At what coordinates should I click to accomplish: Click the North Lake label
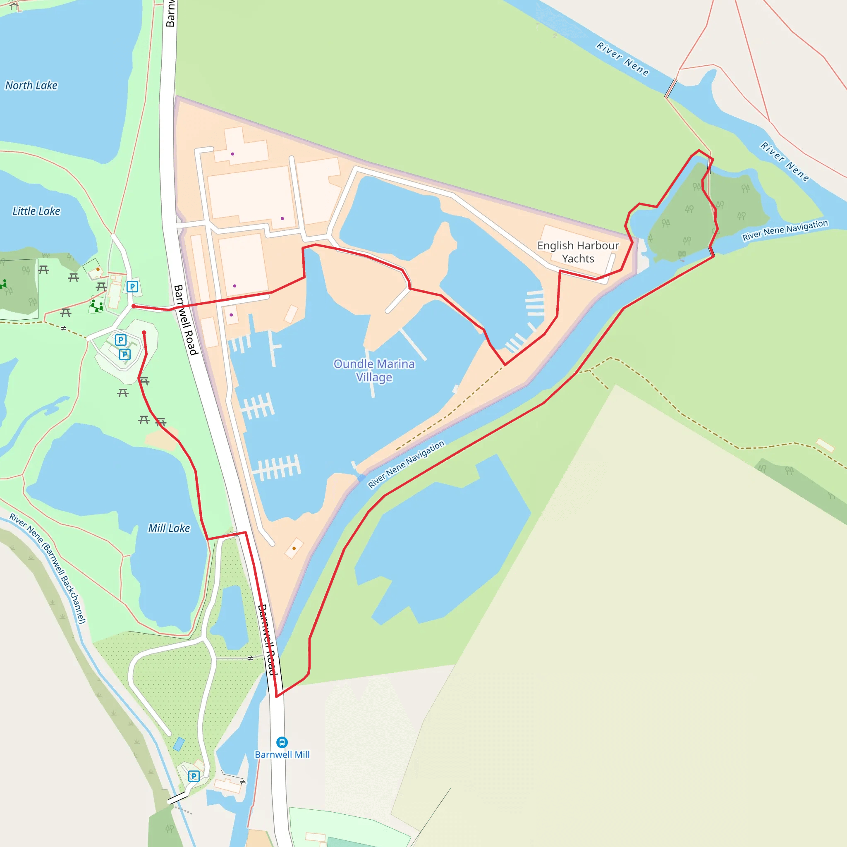(31, 85)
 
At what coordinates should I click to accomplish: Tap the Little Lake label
(36, 211)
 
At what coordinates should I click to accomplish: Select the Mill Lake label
(169, 528)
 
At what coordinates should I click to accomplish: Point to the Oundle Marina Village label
(374, 371)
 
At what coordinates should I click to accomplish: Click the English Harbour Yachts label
(578, 252)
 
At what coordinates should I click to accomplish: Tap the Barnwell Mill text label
(282, 754)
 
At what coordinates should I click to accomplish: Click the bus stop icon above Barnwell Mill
(282, 742)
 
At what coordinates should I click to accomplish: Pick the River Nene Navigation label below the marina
(406, 464)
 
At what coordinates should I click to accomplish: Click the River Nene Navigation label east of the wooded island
(785, 230)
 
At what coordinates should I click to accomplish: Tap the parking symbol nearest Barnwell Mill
(194, 776)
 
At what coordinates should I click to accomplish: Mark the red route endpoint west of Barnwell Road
(134, 306)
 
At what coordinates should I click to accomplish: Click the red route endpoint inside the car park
(144, 333)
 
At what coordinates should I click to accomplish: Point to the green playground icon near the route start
(96, 305)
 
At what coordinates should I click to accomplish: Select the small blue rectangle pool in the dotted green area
(179, 744)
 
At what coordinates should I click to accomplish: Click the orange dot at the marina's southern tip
(294, 548)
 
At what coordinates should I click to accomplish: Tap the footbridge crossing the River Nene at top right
(671, 89)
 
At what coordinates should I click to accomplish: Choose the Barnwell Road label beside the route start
(186, 320)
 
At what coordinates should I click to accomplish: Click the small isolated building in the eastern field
(825, 445)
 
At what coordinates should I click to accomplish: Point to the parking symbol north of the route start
(132, 287)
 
